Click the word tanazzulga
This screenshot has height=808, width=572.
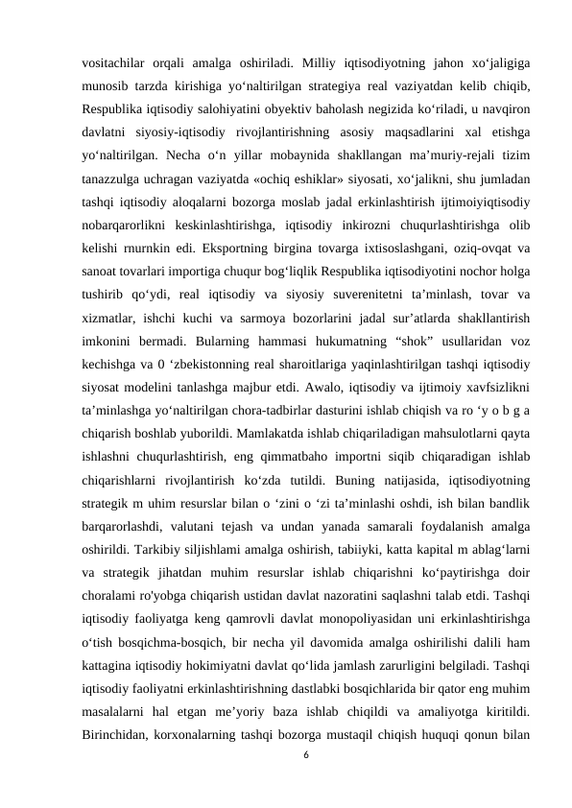click(x=116, y=175)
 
